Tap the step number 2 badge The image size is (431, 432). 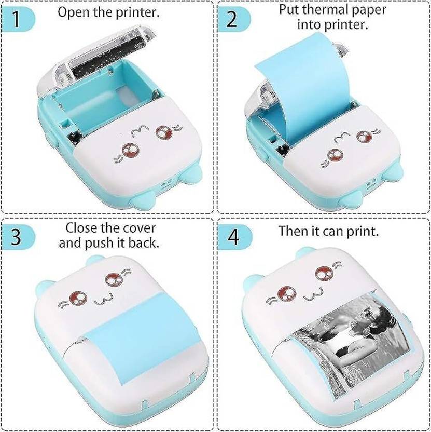(x=231, y=20)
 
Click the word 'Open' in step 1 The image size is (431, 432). (x=73, y=13)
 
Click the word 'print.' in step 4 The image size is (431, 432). (x=363, y=231)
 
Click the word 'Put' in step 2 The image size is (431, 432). (x=289, y=10)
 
